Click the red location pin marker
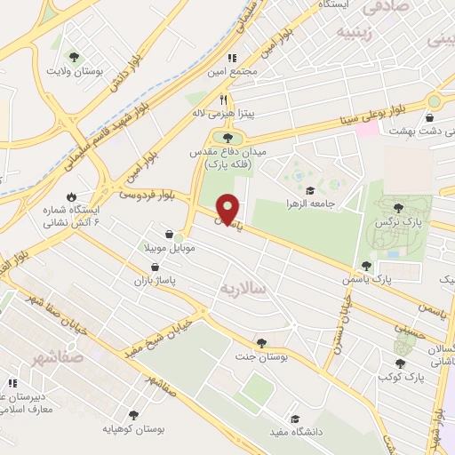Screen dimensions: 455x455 228,210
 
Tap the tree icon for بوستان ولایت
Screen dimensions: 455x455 85,53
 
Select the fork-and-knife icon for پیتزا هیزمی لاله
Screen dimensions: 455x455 224,100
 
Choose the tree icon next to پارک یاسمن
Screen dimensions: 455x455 366,266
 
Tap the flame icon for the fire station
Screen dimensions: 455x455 70,196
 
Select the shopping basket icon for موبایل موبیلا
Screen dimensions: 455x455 169,235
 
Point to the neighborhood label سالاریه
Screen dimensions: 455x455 244,288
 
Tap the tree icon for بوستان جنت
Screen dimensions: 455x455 260,342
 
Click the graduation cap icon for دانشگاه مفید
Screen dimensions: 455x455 293,419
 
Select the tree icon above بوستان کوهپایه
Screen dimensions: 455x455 133,414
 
